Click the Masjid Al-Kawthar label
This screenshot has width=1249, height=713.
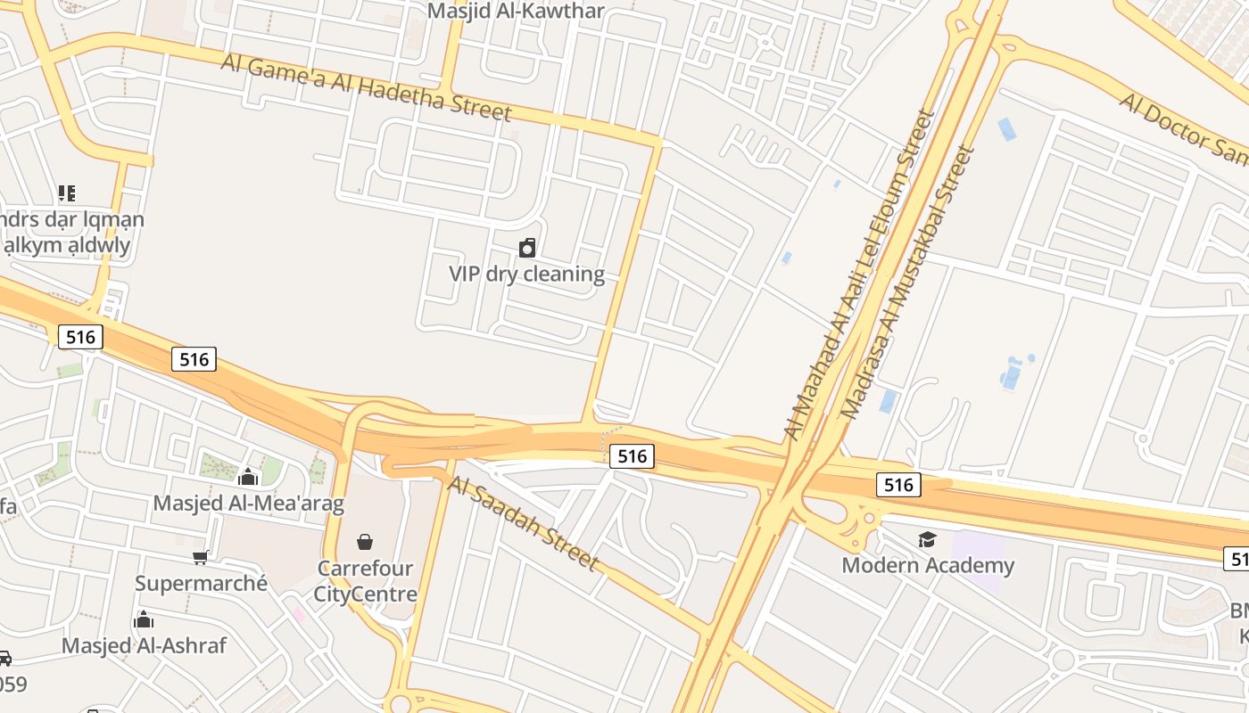coord(516,12)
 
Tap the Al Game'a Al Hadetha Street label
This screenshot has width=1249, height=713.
coord(366,86)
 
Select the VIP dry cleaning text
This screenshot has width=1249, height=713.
coord(526,274)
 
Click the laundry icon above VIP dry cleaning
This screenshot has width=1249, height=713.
coord(527,247)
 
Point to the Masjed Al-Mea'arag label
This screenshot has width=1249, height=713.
coord(248,503)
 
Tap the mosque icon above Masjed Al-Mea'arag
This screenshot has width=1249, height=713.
coord(248,477)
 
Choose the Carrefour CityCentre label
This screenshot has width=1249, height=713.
coord(365,580)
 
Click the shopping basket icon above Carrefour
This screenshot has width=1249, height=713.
coord(365,541)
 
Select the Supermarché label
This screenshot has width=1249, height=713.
coord(201,583)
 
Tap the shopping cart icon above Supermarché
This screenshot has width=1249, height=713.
coord(201,557)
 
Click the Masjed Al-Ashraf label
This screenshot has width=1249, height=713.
coord(144,645)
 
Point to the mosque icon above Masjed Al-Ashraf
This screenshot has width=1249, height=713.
coord(144,619)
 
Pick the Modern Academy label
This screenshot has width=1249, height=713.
coord(928,565)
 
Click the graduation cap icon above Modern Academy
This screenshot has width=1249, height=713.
coord(928,539)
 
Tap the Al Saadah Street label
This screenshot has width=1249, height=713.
coord(521,522)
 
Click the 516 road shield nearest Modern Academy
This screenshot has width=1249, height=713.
coord(898,484)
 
